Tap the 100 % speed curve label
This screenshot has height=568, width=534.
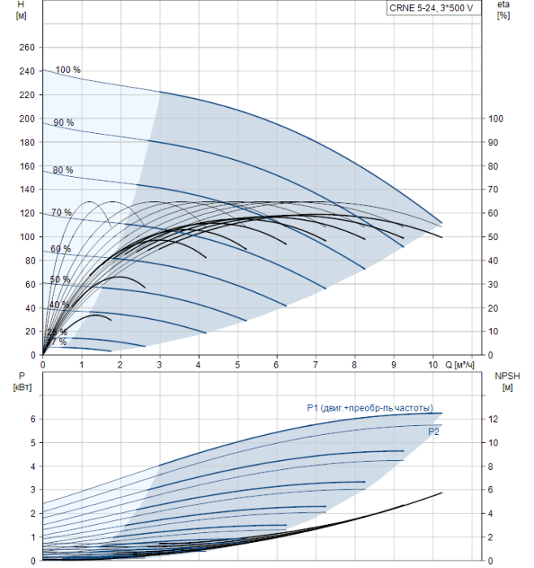(68, 70)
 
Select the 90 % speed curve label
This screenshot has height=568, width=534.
(63, 123)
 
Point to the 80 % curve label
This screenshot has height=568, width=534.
(62, 170)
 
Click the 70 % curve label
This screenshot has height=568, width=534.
(61, 213)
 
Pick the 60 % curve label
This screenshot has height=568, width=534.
(60, 249)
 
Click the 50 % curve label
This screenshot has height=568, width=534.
(59, 280)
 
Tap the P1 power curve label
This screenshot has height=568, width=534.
(369, 407)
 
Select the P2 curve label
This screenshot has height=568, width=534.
(434, 432)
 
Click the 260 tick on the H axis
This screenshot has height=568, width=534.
(27, 48)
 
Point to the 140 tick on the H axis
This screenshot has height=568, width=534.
(27, 190)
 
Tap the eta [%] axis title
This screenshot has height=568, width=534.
(503, 11)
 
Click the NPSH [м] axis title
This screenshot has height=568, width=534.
(505, 381)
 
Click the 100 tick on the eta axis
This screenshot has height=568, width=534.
(495, 118)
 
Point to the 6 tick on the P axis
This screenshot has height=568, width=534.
(32, 419)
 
